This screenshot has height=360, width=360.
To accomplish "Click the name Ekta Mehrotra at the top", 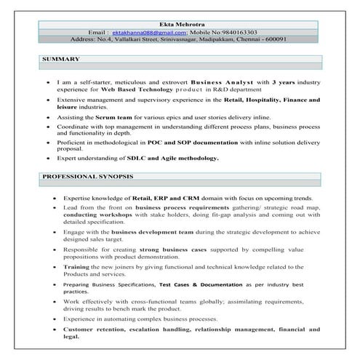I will click(x=180, y=24).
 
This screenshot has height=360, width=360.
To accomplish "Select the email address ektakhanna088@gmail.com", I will click(x=149, y=33).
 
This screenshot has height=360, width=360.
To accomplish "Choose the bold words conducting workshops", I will click(x=98, y=215).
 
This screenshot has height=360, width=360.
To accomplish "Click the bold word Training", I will click(x=77, y=268).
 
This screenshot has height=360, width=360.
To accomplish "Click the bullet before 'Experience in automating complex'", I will click(x=53, y=318).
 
